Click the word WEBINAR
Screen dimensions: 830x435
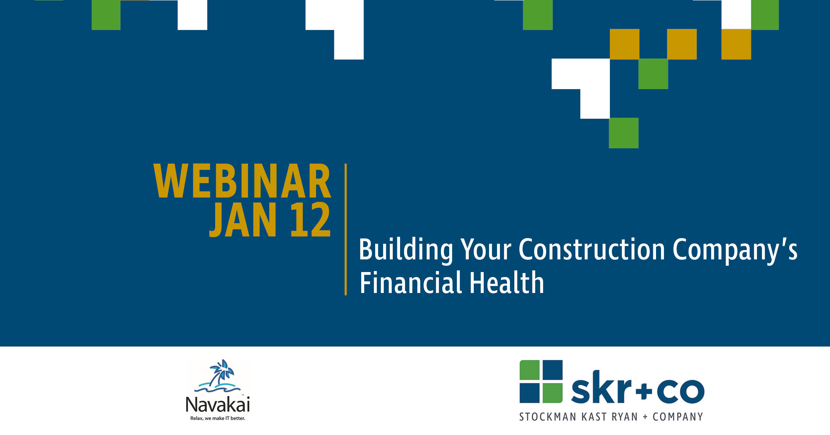242,181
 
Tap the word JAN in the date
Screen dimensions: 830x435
243,220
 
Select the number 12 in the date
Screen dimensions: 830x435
310,220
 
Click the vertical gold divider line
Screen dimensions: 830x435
346,229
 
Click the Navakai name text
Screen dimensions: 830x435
217,404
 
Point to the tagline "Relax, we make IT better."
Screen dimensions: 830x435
217,418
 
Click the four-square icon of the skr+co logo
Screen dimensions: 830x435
541,381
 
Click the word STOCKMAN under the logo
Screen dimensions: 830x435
547,417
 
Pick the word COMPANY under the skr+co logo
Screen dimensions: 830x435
678,417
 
